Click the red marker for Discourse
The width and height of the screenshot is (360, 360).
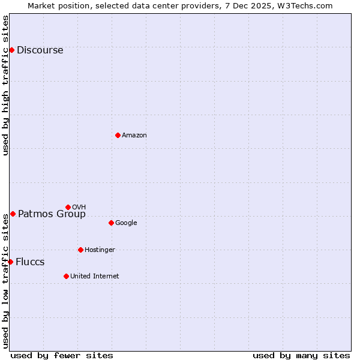click(x=11, y=50)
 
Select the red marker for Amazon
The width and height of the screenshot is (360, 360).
click(x=118, y=135)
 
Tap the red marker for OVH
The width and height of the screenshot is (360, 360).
click(x=68, y=207)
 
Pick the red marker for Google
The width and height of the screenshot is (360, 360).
click(x=111, y=223)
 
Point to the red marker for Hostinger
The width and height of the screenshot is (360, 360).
click(x=80, y=250)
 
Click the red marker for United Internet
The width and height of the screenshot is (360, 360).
click(x=66, y=276)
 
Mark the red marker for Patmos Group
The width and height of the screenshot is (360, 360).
click(x=13, y=214)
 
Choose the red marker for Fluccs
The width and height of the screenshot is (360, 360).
click(x=10, y=262)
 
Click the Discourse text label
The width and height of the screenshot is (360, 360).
click(x=40, y=50)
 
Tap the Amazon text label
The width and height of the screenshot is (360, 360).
click(x=134, y=136)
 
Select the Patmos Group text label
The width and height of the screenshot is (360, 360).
click(x=52, y=214)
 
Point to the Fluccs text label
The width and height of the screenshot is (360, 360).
click(x=30, y=262)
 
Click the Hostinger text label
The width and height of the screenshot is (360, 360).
click(x=100, y=250)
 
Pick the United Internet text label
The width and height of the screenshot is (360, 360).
click(x=94, y=277)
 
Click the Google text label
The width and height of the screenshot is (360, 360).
click(x=126, y=223)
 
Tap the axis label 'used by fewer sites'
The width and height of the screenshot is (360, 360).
click(x=62, y=355)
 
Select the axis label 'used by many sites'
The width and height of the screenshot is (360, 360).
click(x=301, y=355)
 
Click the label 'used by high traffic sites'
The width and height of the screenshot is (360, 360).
click(x=6, y=85)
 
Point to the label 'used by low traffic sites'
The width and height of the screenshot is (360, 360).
click(x=6, y=281)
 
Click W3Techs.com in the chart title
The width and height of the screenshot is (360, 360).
click(x=307, y=5)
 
